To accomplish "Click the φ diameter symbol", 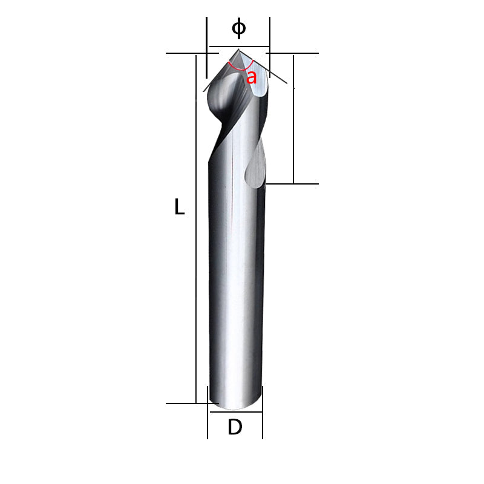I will tap(239, 28).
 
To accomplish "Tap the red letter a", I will tap(251, 77).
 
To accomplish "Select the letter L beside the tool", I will tap(179, 208).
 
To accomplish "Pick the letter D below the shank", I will tap(235, 427).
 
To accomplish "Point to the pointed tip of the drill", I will tap(238, 50).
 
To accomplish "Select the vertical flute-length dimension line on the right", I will tap(293, 121).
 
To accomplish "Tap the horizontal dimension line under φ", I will tap(239, 47).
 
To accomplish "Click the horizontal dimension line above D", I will tap(235, 413).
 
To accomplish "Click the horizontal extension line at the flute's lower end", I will tap(296, 183).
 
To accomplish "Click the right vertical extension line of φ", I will tap(269, 36).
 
